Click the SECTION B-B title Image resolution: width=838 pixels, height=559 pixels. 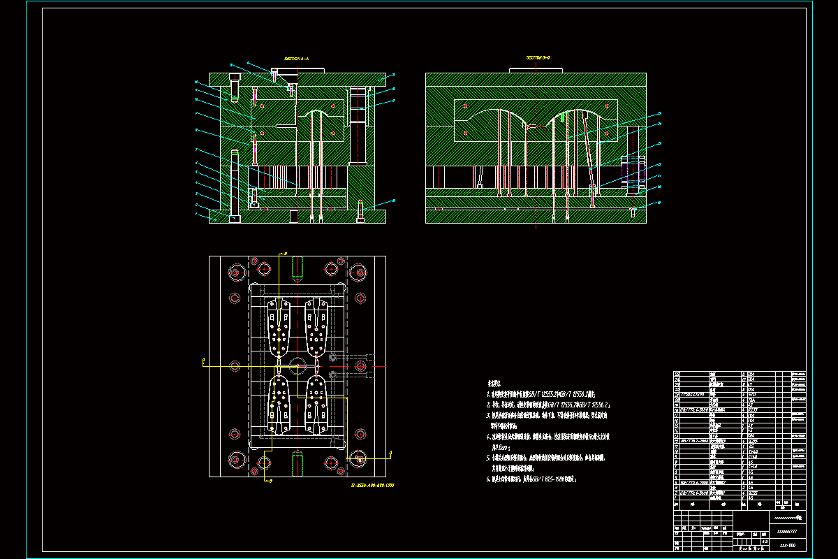[x=539, y=58]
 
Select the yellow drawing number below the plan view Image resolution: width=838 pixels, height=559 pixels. [x=372, y=484]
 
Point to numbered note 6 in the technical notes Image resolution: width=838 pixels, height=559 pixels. [x=531, y=480]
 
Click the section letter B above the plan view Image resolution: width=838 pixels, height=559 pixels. [x=285, y=253]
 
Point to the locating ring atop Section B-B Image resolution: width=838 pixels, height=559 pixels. [x=535, y=70]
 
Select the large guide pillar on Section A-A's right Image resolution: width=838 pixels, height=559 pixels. [x=358, y=126]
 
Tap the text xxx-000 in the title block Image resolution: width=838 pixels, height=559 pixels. [x=788, y=543]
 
